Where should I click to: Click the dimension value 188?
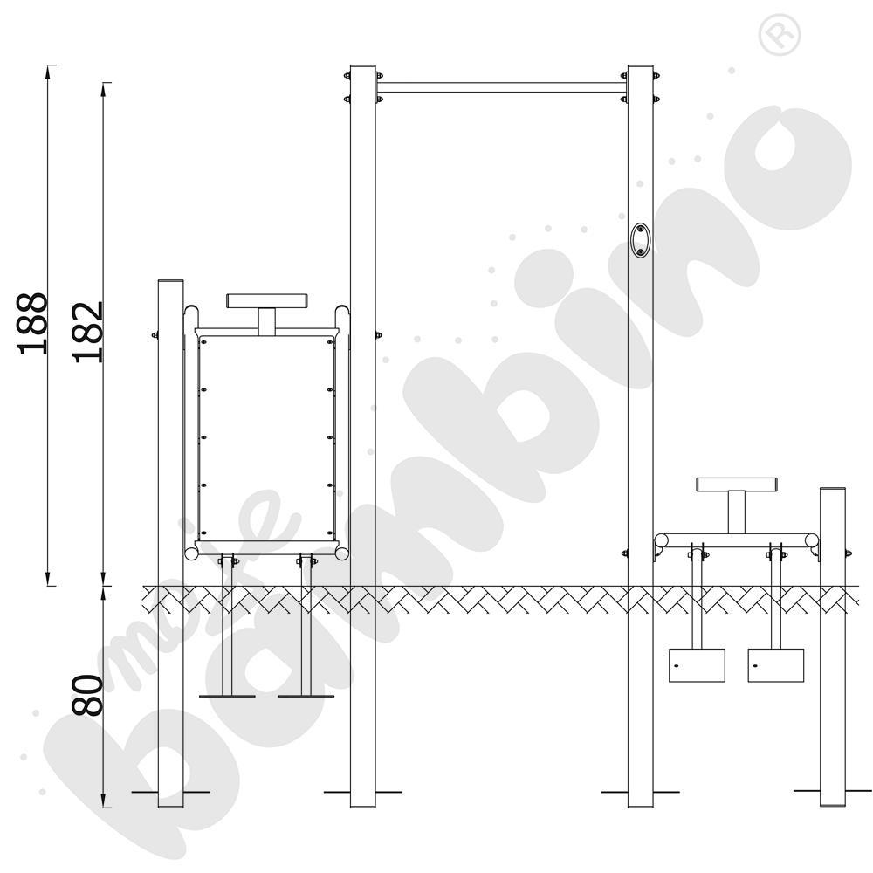[x=33, y=323]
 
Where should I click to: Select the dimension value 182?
[x=88, y=333]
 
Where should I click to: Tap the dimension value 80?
[x=88, y=695]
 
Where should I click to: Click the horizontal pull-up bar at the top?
[x=502, y=88]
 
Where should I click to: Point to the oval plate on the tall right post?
[x=641, y=240]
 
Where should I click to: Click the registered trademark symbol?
[x=780, y=35]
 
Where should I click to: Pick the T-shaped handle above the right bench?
[x=737, y=505]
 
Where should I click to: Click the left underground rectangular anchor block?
[x=697, y=665]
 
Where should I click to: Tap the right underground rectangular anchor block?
[x=776, y=665]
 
